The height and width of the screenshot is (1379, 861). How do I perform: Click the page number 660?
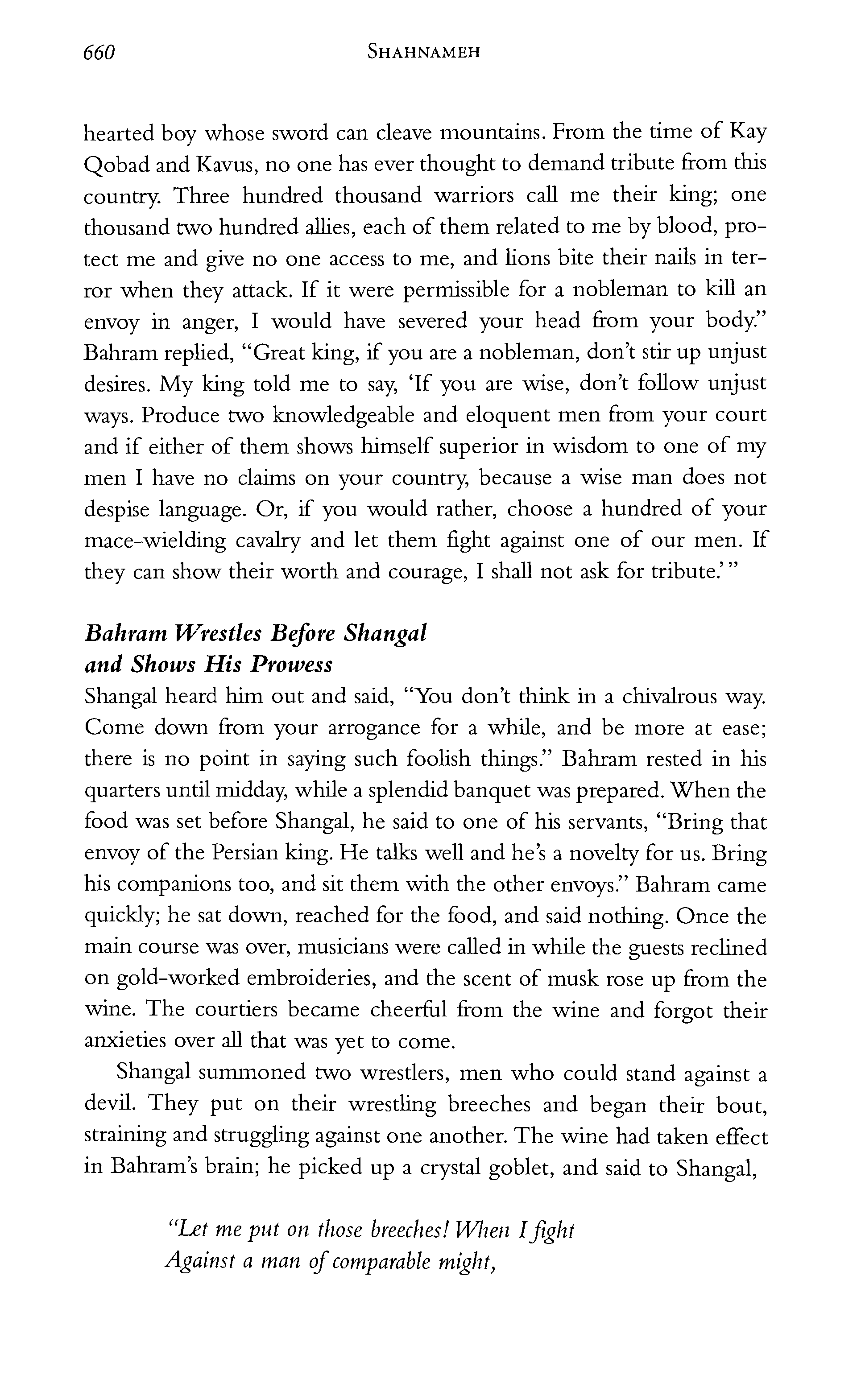pos(99,53)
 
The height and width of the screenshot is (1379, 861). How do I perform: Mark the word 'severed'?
pos(433,322)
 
